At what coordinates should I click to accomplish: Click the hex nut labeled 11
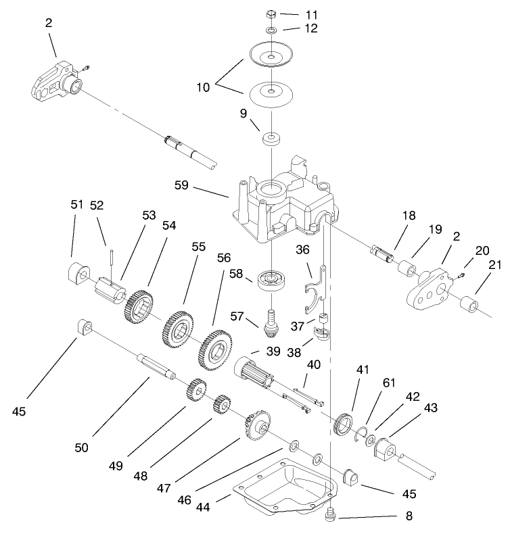click(270, 14)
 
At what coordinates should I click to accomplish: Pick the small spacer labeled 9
click(271, 140)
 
